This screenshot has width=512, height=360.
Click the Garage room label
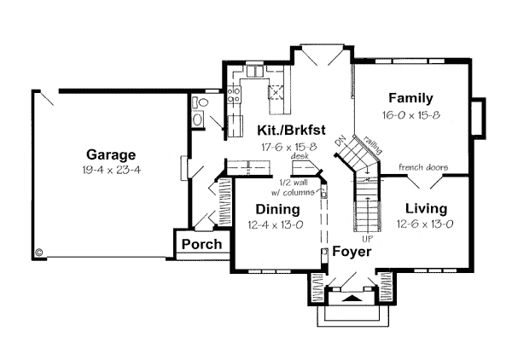click(x=111, y=155)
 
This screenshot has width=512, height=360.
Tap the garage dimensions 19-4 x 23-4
click(x=111, y=170)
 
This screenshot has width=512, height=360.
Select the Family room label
click(x=410, y=98)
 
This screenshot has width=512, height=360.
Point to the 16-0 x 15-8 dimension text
click(x=410, y=113)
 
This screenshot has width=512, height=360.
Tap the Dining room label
click(x=277, y=209)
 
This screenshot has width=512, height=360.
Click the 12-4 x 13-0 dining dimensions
click(x=277, y=224)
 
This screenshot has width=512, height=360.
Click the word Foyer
click(x=351, y=252)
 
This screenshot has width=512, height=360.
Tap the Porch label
click(x=201, y=244)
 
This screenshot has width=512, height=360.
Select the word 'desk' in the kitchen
click(x=299, y=157)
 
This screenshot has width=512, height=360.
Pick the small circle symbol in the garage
click(x=39, y=252)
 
